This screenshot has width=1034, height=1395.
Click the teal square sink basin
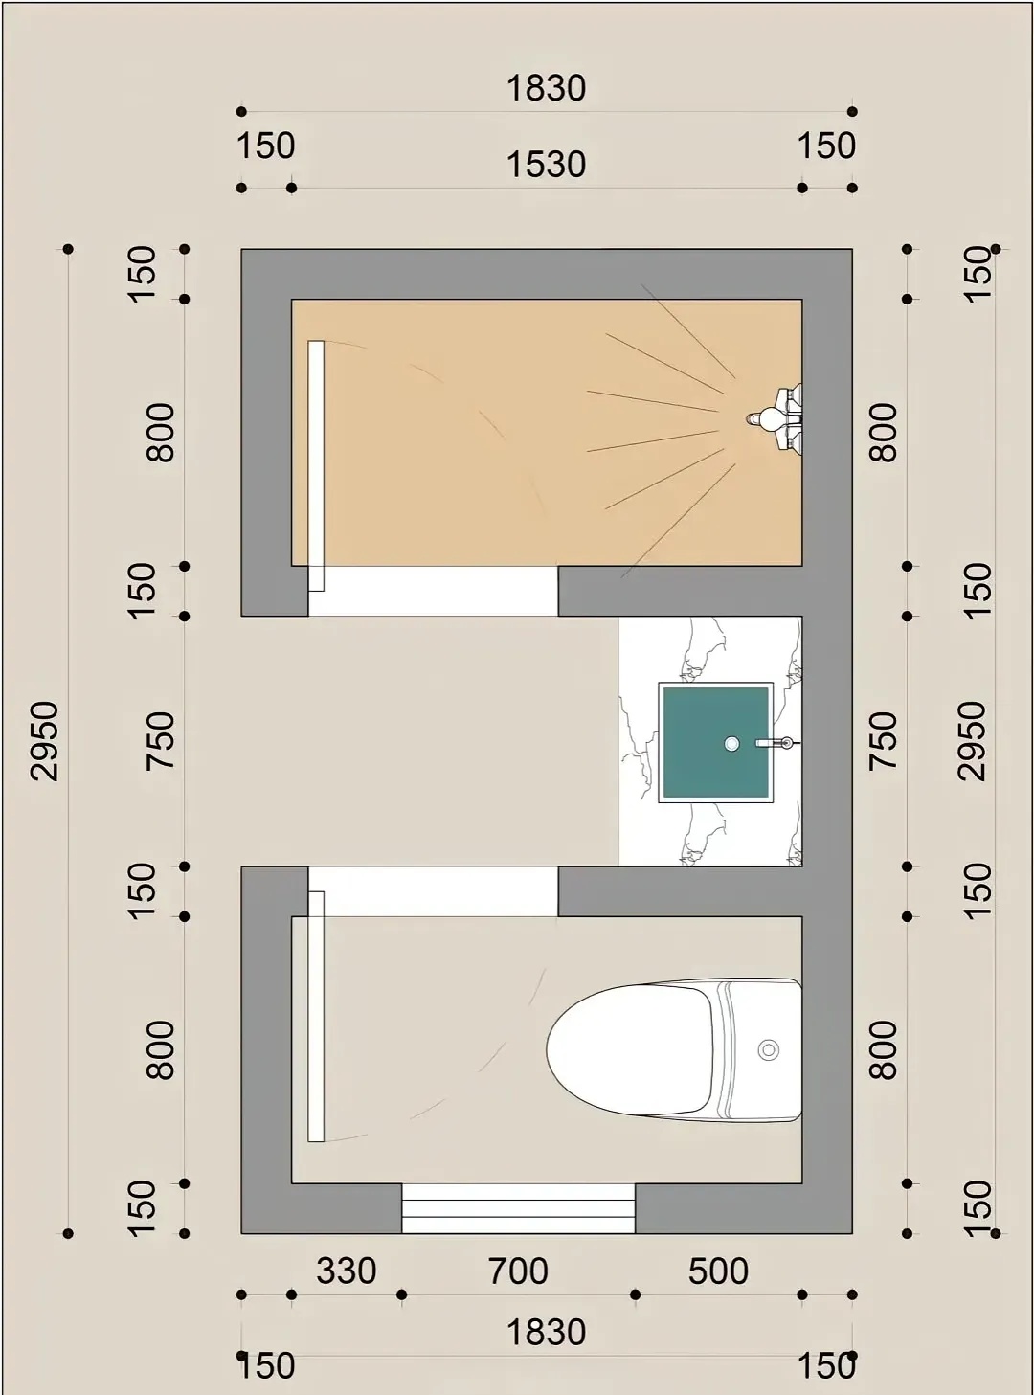[x=716, y=742]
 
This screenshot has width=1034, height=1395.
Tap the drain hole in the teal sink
[x=731, y=743]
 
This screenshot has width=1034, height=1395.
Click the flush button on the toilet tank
[x=769, y=1049]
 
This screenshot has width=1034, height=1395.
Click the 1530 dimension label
[x=546, y=165]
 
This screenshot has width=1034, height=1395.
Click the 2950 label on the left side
[x=45, y=741]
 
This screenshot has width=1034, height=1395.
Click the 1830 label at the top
[x=546, y=87]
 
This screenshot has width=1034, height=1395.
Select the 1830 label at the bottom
[x=546, y=1332]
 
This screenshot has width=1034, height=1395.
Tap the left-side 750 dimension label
[x=160, y=740]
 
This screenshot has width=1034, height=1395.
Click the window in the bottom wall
[x=518, y=1208]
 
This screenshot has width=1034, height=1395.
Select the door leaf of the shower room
[x=316, y=465]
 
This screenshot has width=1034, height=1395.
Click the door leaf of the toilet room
[x=316, y=1017]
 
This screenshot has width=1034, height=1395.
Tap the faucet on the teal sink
[x=777, y=743]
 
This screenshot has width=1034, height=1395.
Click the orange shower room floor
[x=546, y=433]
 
